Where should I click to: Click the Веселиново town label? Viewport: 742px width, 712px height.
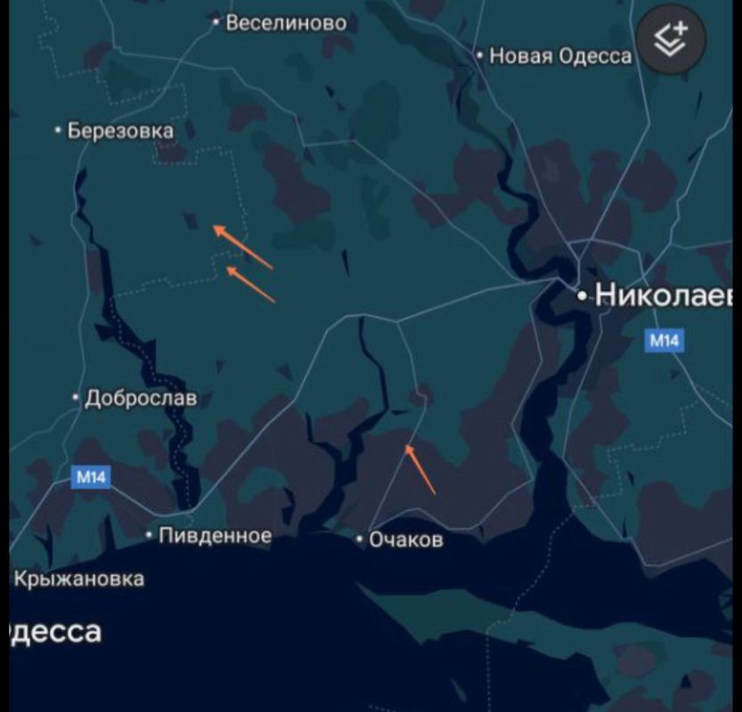[x=286, y=23]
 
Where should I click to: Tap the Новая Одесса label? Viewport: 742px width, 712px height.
[x=560, y=56]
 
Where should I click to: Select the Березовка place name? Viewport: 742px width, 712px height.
[x=120, y=131]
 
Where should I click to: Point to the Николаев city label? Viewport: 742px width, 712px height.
[x=664, y=295]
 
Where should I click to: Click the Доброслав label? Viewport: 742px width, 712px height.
[x=141, y=398]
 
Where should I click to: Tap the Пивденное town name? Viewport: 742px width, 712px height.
[x=215, y=536]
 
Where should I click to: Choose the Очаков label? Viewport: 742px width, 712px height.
[x=406, y=539]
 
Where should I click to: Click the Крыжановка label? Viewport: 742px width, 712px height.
[x=78, y=579]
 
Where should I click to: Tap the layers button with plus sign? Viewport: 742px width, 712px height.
[x=670, y=40]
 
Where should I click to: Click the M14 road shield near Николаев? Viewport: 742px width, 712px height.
[x=665, y=340]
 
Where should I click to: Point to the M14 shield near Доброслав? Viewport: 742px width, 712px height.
[x=91, y=477]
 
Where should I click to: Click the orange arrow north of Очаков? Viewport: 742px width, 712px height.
[x=420, y=469]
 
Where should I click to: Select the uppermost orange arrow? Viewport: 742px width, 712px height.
[x=242, y=247]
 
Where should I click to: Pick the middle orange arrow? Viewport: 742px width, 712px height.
[x=250, y=284]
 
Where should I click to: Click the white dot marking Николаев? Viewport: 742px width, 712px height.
[x=583, y=295]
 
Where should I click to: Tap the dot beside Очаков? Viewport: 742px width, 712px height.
[x=360, y=539]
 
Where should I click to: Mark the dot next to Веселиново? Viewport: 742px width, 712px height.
[x=216, y=23]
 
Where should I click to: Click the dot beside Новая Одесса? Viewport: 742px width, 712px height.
[x=480, y=56]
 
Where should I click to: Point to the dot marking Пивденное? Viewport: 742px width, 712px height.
[x=149, y=536]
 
